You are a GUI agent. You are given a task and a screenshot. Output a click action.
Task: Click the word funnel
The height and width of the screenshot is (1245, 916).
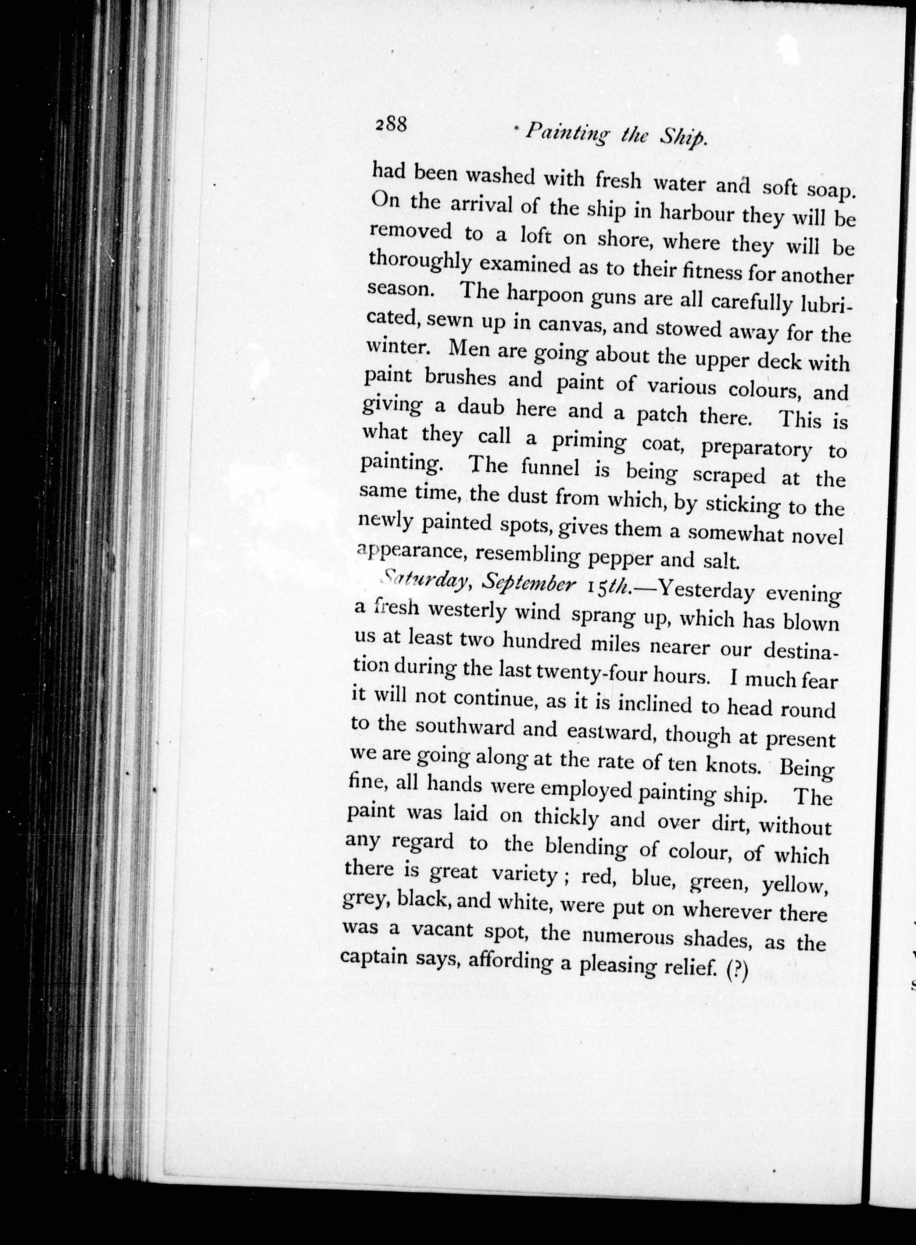554,471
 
